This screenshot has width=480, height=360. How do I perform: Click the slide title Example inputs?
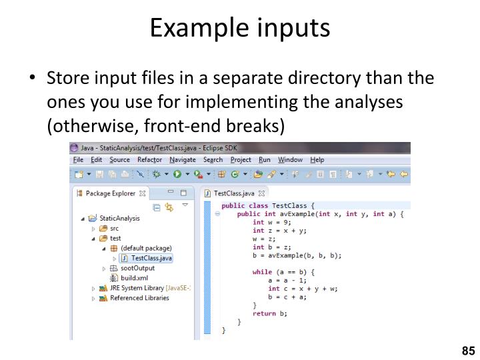point(239,27)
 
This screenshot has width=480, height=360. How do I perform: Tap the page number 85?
point(467,351)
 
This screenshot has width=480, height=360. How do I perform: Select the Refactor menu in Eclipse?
point(149,160)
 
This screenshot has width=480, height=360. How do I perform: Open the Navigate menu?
point(183,160)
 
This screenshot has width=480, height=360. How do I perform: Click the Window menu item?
point(290,160)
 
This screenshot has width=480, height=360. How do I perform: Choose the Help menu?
point(317,160)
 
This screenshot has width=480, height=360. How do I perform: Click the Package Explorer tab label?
point(111,194)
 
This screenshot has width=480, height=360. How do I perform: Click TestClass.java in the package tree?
point(151,258)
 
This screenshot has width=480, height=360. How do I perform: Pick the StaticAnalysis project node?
point(119,218)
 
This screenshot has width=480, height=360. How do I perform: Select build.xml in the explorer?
point(134,278)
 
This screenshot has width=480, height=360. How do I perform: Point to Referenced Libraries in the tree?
point(139,298)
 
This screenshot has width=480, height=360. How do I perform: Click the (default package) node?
point(146,248)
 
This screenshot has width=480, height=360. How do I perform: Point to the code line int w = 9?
point(271,223)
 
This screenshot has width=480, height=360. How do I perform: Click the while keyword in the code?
point(262,272)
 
